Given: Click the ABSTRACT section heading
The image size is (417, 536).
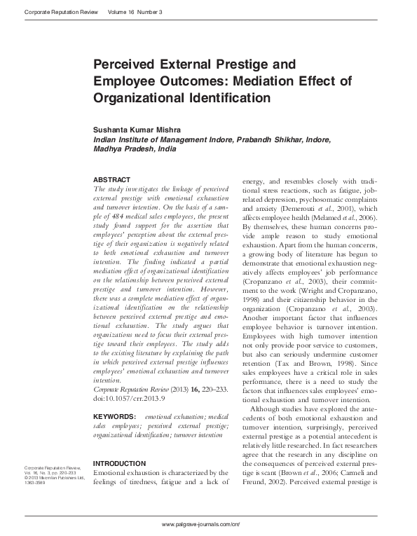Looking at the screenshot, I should coord(111,179).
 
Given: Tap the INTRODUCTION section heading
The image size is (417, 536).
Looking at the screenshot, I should coord(120,463).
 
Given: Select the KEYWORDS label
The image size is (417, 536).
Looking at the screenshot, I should coord(116,417).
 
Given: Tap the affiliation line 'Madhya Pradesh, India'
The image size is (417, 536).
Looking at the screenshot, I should coord(135,149).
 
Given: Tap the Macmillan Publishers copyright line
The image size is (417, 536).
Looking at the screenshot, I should coord(54,478).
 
